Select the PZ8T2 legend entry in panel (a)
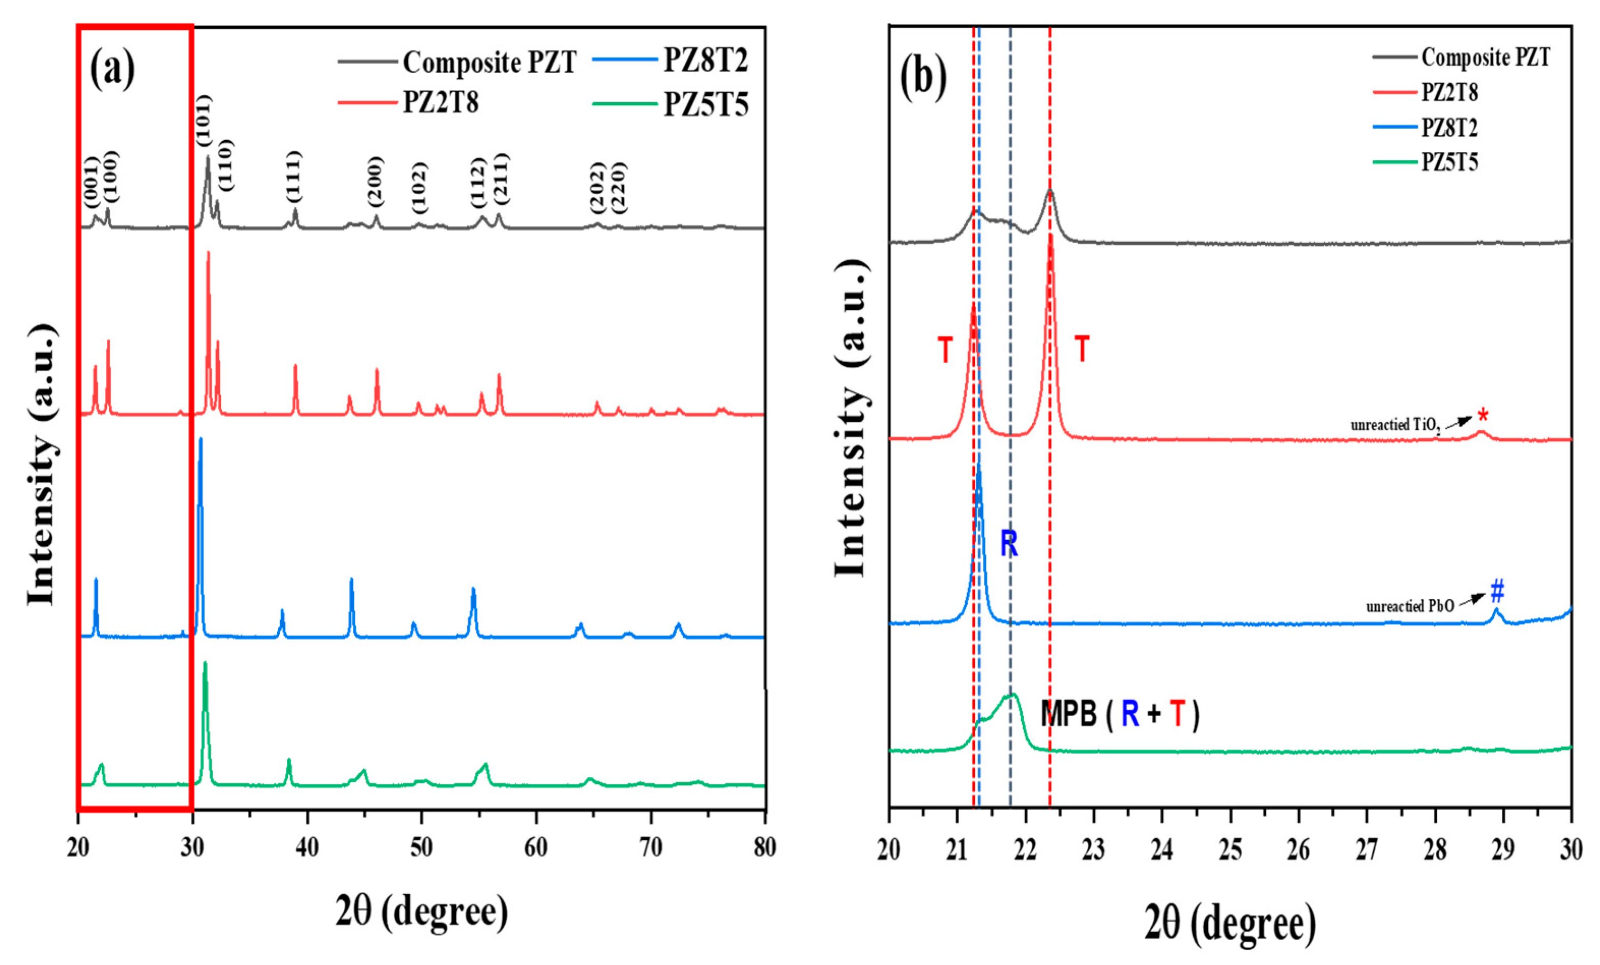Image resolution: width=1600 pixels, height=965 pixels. pos(705,60)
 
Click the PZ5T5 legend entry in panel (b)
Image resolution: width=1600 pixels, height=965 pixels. pos(1449,161)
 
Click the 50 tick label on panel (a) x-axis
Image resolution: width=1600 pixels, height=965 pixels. pos(421,847)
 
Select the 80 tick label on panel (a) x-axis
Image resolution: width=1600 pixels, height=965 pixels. pos(765,847)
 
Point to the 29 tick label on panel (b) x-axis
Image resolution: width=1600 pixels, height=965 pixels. pos(1503,850)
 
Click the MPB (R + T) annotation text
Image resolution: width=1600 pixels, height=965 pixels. pos(1119,714)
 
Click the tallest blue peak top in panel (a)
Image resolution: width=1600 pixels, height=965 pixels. pos(200,440)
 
